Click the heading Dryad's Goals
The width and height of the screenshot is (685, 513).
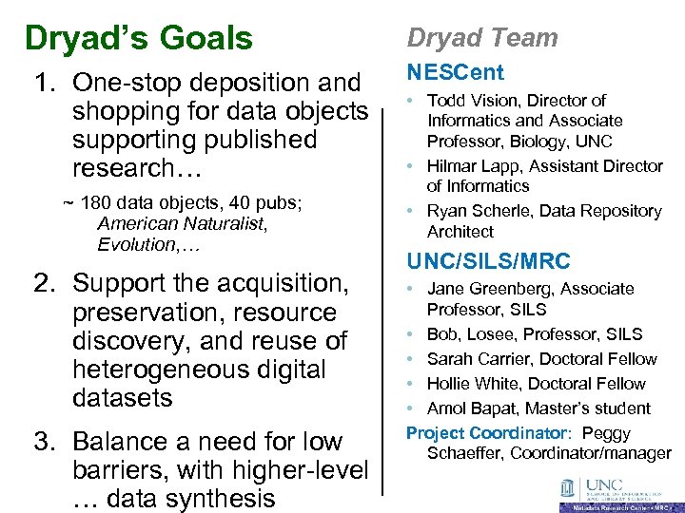click(139, 39)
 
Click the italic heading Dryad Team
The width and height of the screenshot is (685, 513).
click(482, 38)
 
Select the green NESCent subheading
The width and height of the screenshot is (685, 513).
click(456, 73)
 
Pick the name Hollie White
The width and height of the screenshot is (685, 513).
click(472, 384)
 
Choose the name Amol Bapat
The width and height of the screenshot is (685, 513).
click(471, 408)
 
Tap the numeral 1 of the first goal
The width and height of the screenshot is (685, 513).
click(42, 84)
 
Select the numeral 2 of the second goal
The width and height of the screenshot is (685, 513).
click(42, 284)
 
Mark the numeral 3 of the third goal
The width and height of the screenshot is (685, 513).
click(42, 443)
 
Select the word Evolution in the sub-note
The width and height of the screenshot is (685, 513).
click(134, 245)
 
